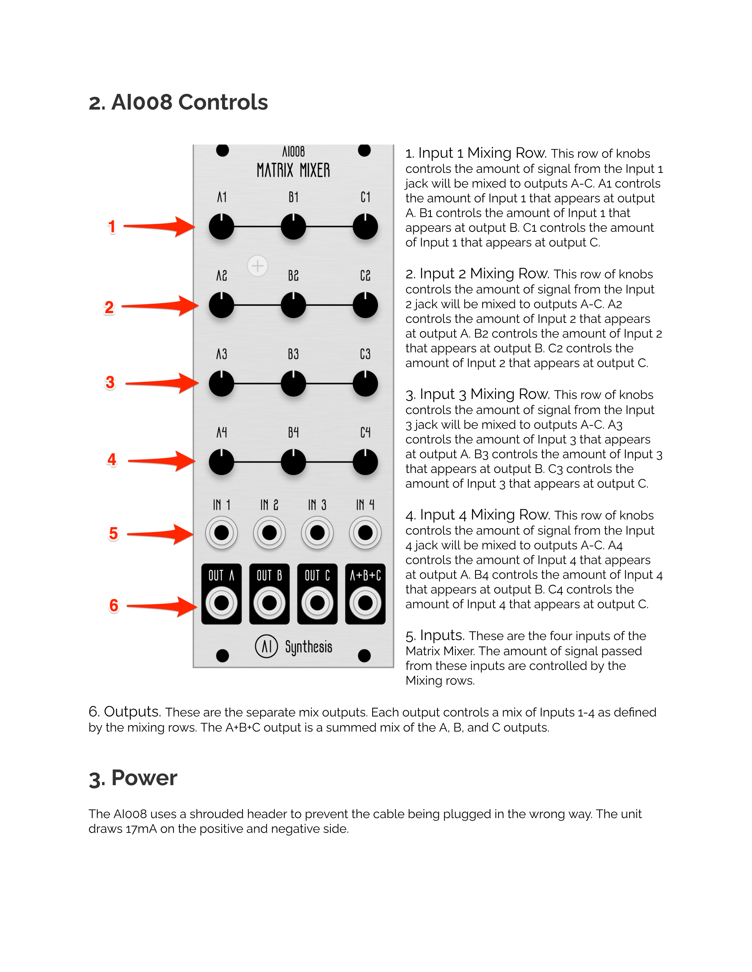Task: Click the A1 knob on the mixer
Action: click(221, 227)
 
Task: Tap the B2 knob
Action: click(293, 305)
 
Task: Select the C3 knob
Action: click(365, 383)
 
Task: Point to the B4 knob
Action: click(293, 462)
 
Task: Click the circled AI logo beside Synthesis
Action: click(266, 646)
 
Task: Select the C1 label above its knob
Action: click(365, 197)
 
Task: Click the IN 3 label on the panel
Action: click(317, 505)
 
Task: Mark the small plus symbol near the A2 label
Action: click(257, 266)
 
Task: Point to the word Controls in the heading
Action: click(223, 103)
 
